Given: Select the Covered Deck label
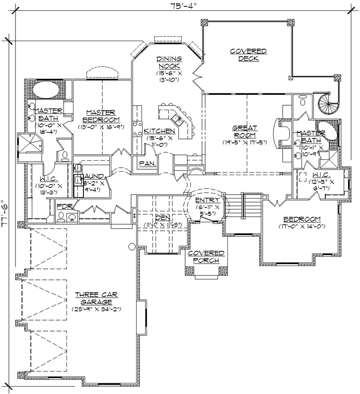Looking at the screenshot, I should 248,55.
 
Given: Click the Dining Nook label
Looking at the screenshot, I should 169,62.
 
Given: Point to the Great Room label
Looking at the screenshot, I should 244,131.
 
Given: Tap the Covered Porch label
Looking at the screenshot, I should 205,257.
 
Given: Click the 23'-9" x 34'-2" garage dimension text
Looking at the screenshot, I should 96,309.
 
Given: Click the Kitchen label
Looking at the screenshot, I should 159,131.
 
